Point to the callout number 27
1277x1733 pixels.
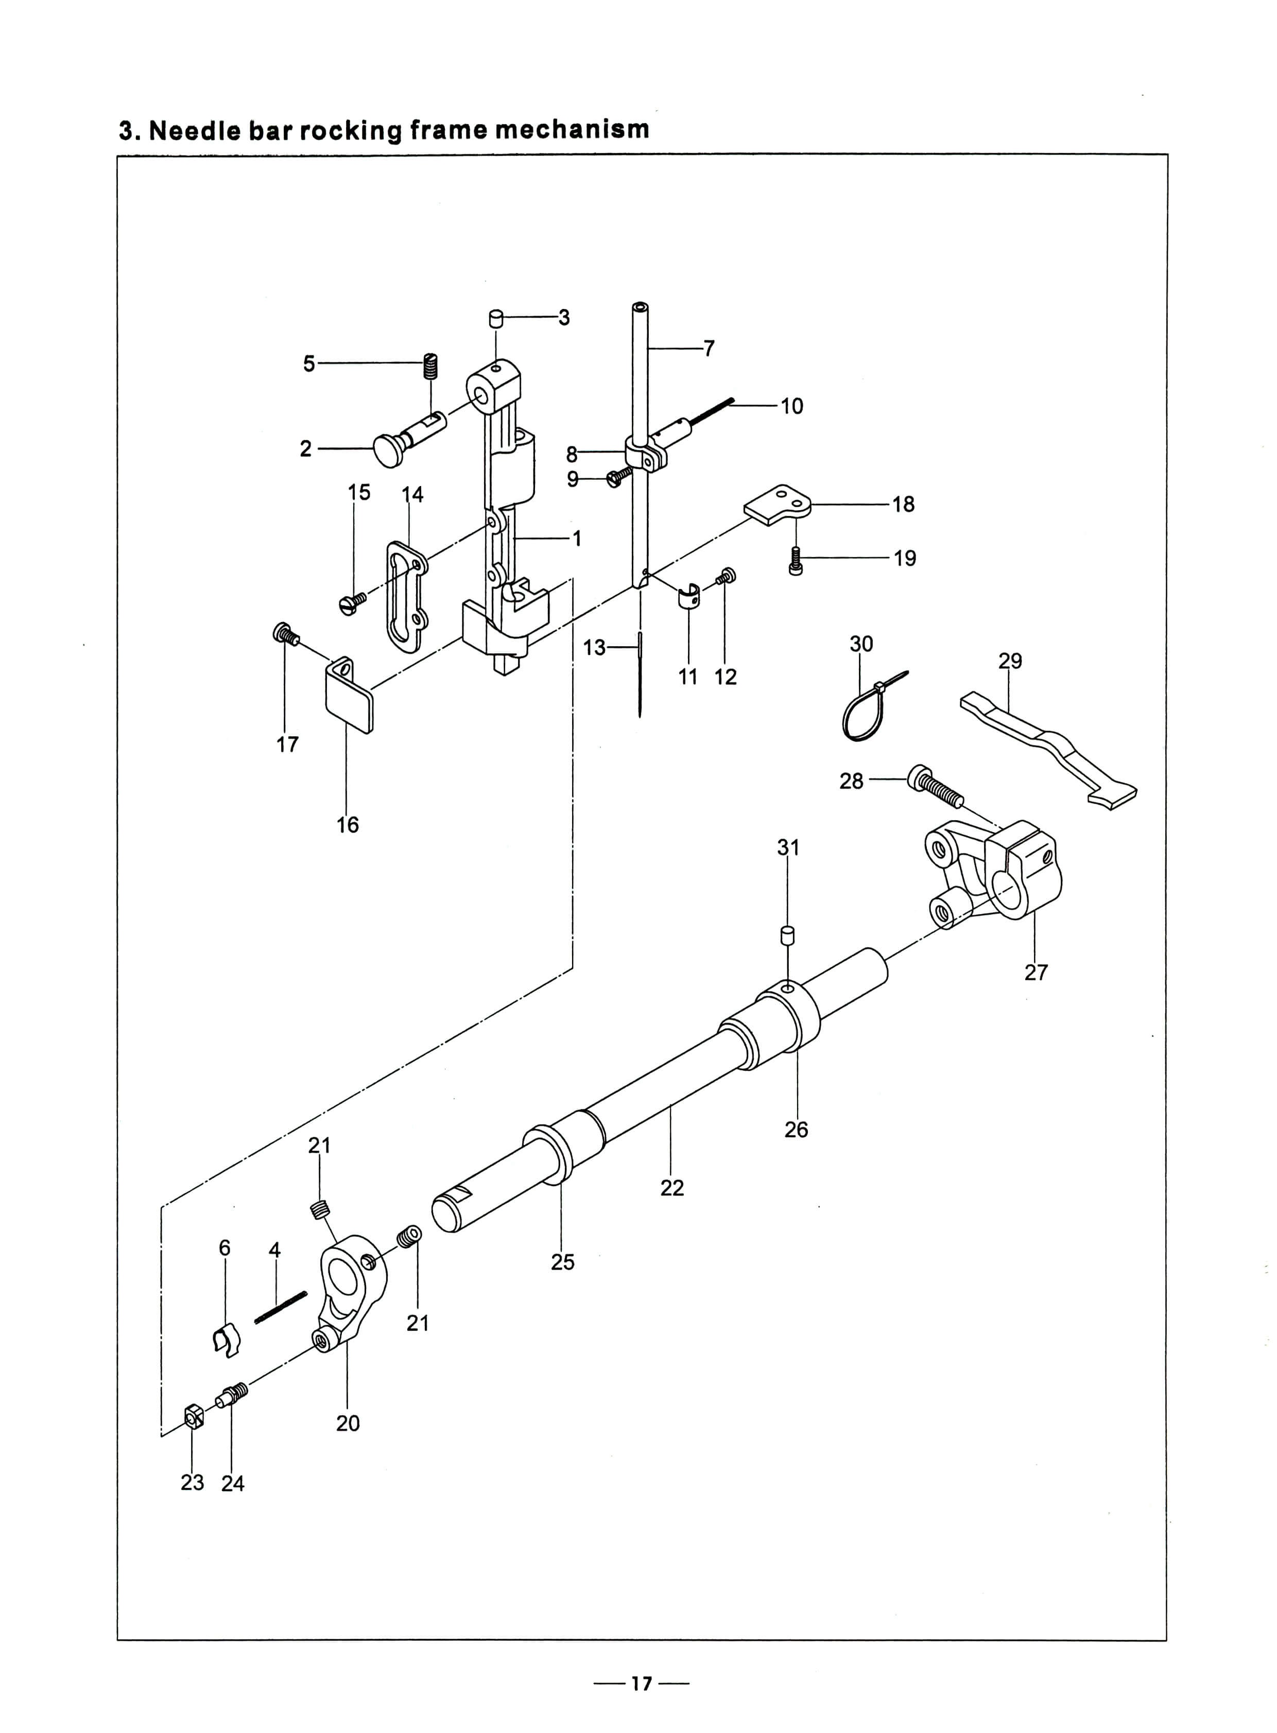point(1036,973)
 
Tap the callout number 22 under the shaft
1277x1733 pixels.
point(672,1187)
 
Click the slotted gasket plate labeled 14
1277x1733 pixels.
point(407,592)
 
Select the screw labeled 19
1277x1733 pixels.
point(796,560)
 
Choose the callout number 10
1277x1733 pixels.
point(791,406)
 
